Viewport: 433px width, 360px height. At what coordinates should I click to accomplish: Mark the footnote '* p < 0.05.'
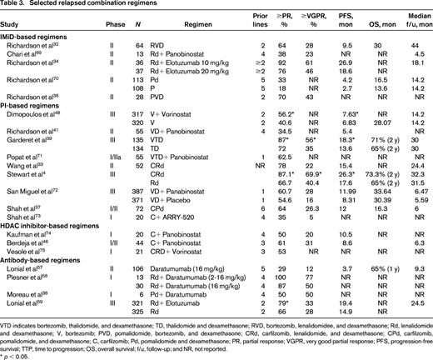(x=21, y=353)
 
